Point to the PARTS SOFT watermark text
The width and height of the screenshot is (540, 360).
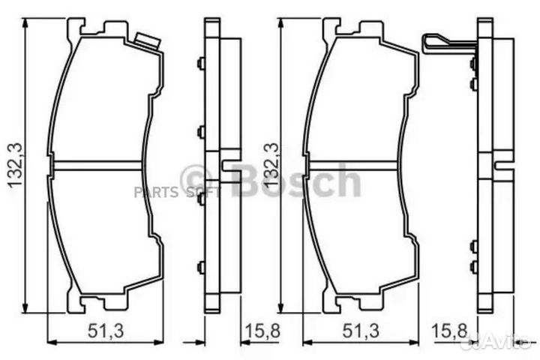click(167, 192)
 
